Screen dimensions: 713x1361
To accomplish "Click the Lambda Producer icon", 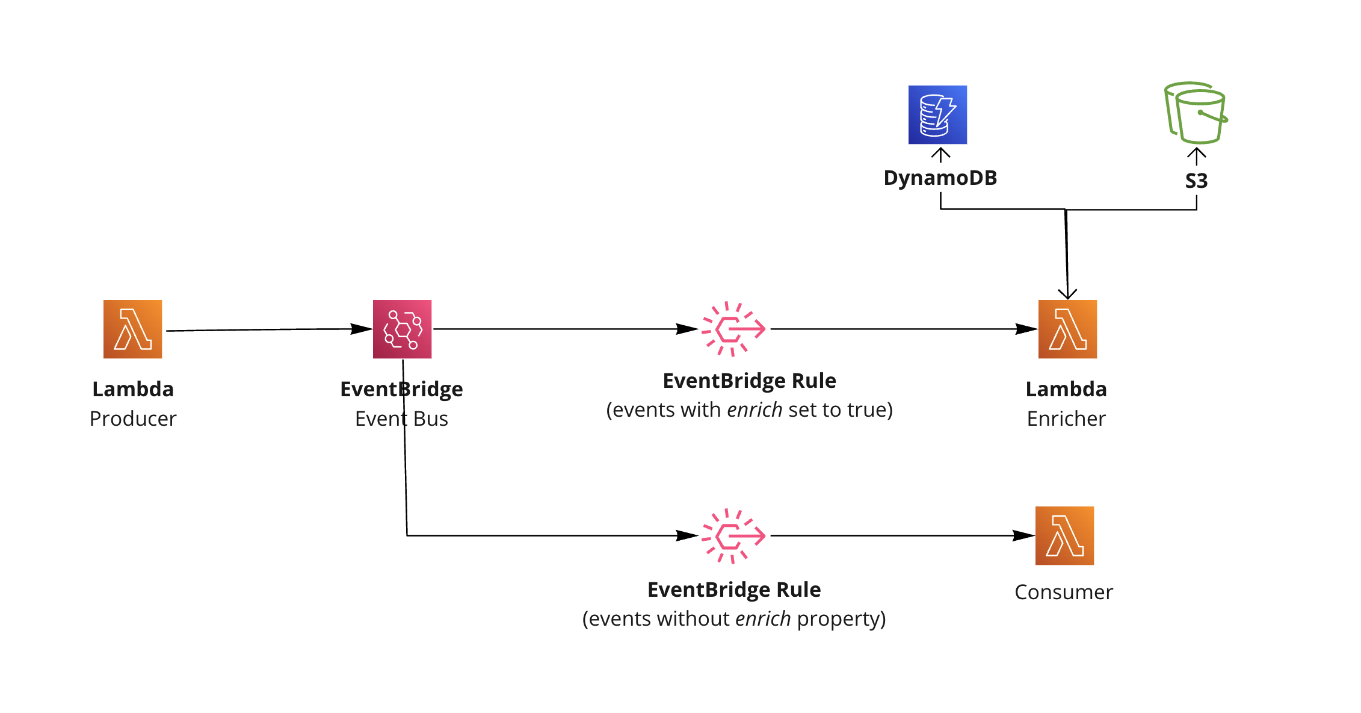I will coord(132,329).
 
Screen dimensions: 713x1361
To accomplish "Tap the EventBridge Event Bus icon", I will coord(402,329).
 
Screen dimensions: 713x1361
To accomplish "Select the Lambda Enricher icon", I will coord(1067,329).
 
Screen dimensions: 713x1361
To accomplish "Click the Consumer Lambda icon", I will coord(1064,535).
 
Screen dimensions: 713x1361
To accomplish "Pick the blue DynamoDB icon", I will coord(937,114).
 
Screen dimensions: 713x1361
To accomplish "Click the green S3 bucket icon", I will coord(1196,113).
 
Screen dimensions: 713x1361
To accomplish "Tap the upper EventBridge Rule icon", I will coord(733,329).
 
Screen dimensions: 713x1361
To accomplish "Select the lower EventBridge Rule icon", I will coord(733,535).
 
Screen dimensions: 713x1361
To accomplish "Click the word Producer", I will coord(133,419).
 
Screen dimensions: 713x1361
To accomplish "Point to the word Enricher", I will coord(1066,419).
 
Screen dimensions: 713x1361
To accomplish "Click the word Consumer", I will coord(1064,592).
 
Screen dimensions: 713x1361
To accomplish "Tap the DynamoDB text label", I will coord(940,178).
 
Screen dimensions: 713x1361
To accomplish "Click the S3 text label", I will coord(1196,181).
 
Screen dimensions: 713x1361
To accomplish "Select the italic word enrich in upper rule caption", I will coord(755,409).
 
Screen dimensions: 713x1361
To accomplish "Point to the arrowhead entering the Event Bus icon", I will coord(363,329).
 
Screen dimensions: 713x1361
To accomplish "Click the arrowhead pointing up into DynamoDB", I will coord(940,153).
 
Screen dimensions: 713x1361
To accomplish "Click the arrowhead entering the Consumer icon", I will coord(1025,535).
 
